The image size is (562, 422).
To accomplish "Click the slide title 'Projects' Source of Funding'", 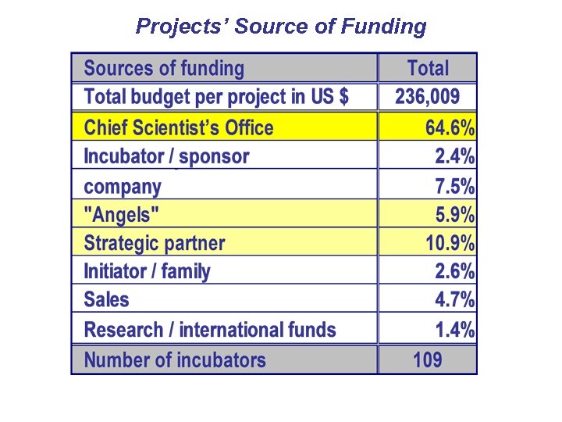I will (x=281, y=27).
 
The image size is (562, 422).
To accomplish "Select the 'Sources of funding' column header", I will (x=164, y=69).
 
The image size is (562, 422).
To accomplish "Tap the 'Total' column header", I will (x=428, y=69).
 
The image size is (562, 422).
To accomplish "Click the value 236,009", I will (x=428, y=97).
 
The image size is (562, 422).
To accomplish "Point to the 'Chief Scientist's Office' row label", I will (x=179, y=127).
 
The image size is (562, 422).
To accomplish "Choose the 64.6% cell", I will (x=450, y=127).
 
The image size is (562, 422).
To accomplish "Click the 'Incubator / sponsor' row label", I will (x=166, y=156).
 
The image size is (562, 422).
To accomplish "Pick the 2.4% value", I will (x=454, y=156).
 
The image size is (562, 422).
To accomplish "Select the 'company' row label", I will (x=123, y=186).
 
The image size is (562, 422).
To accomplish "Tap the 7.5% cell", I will (x=454, y=186).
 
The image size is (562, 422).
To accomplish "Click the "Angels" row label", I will (x=123, y=214).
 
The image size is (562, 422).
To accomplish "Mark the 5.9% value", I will (x=454, y=214).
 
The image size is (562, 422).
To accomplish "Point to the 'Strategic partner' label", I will (x=155, y=243).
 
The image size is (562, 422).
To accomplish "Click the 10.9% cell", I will (x=450, y=243).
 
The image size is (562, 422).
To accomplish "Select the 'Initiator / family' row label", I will (x=148, y=271).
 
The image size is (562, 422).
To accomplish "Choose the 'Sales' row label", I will (x=107, y=300).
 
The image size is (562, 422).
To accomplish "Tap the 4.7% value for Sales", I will (x=454, y=300).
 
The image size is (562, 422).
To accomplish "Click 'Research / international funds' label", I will (x=210, y=330).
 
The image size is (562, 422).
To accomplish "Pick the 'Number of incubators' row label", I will (x=175, y=360).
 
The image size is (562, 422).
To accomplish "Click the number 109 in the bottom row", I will (x=428, y=360).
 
